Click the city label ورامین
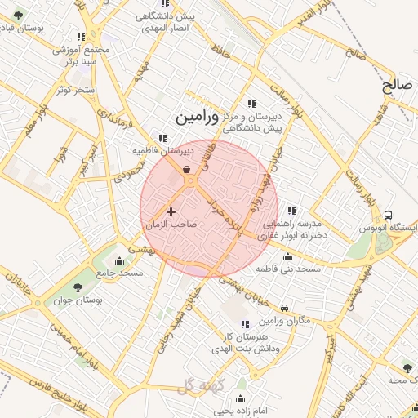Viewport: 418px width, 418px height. tap(196, 118)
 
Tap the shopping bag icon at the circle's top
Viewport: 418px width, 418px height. tap(188, 169)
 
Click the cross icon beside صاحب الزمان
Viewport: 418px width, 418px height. tap(171, 211)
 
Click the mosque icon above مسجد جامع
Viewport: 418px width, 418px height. tap(120, 260)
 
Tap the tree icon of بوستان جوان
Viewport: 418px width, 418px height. tap(78, 287)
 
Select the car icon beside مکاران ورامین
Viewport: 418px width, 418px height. tap(283, 308)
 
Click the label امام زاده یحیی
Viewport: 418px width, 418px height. tap(241, 411)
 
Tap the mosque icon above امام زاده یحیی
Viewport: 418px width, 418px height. tap(241, 399)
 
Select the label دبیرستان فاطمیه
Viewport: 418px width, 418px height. tap(163, 150)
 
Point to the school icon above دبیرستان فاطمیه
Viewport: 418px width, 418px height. tap(163, 138)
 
